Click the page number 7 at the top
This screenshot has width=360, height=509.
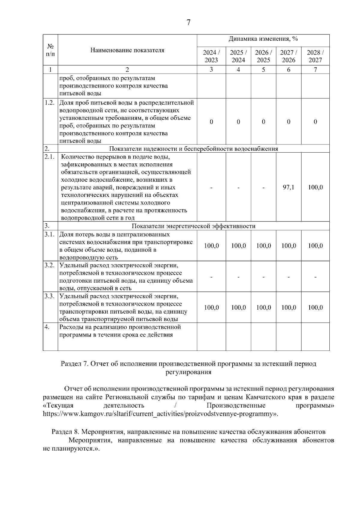tap(188, 22)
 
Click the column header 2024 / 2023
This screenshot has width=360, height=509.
tap(211, 56)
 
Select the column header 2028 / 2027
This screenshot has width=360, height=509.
tap(315, 56)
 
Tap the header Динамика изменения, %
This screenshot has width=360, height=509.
tap(263, 39)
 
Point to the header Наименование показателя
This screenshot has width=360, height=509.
tap(127, 50)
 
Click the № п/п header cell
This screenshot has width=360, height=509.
tap(50, 50)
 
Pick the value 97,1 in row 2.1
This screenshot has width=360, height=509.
tap(289, 187)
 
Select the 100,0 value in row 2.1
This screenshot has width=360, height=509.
tap(315, 187)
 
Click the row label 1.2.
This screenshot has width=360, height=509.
tap(49, 103)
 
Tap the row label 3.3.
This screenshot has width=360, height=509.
tap(49, 296)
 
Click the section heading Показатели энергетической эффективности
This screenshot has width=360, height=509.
tap(193, 226)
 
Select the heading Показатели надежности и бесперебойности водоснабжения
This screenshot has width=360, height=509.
tap(193, 149)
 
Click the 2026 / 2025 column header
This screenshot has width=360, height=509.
tap(263, 56)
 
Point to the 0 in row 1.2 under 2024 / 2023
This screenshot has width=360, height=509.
tap(211, 122)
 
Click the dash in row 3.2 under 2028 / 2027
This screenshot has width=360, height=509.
tap(315, 277)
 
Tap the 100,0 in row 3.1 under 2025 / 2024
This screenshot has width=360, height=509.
tap(238, 246)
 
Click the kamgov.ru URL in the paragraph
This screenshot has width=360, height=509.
tap(159, 414)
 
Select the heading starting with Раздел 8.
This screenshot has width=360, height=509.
tap(188, 432)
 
